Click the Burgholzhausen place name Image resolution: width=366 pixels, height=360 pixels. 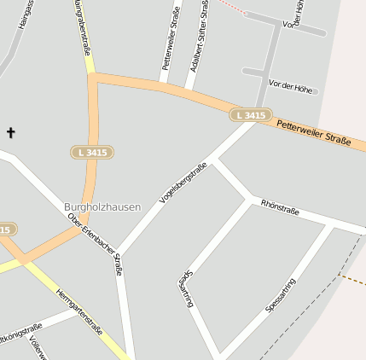[102, 206]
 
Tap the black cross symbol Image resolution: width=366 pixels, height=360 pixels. [11, 132]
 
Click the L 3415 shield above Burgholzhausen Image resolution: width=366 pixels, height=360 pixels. [92, 152]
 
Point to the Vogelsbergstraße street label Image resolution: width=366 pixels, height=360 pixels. [183, 183]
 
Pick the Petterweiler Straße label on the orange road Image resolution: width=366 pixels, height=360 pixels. [313, 133]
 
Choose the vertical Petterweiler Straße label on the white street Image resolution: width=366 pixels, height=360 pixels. [169, 38]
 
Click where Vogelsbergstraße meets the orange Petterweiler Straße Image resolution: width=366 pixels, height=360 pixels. [254, 121]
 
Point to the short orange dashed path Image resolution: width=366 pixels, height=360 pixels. [351, 277]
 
